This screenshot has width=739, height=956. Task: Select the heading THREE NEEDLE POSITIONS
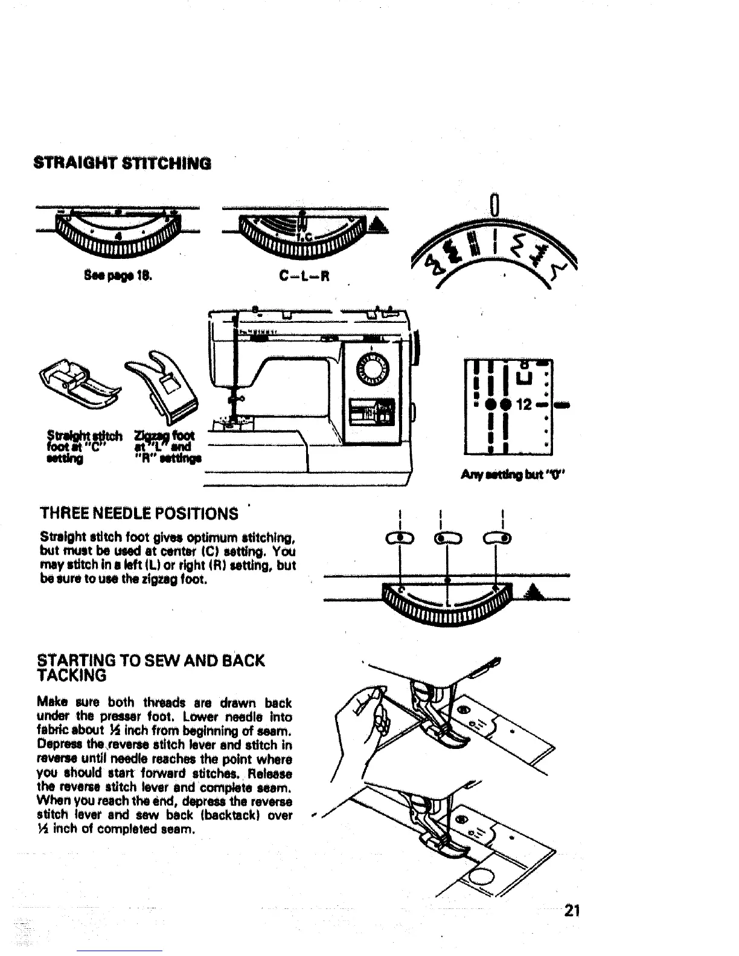coord(139,514)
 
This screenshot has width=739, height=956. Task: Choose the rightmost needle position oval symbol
coord(499,538)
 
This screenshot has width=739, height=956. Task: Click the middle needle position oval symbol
coord(448,538)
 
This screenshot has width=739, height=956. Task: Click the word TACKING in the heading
coord(72,675)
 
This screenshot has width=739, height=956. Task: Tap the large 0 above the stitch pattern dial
coord(494,205)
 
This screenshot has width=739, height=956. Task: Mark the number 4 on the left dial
coord(119,235)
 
